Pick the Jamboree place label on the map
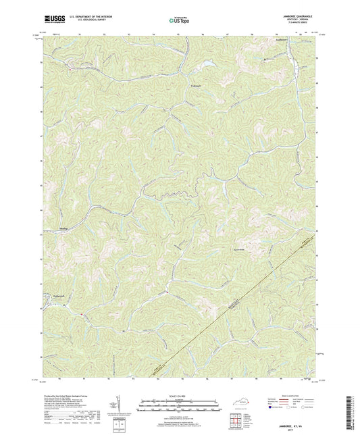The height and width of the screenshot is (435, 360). click(271, 42)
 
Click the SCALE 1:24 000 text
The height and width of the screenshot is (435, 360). click(180, 396)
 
